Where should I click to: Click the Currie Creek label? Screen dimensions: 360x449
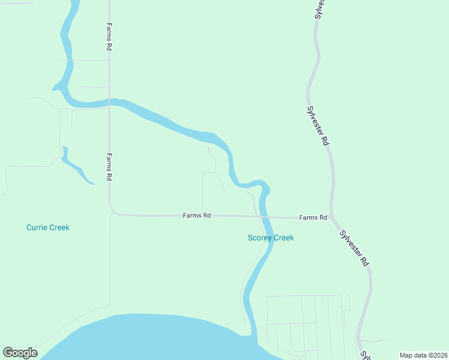48,227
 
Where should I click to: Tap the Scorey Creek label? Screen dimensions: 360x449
271,238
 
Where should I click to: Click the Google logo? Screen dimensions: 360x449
20,353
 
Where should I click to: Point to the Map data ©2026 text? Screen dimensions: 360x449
423,355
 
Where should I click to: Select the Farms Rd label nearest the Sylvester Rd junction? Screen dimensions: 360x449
313,217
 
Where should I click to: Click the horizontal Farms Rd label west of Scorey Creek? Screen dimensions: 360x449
197,215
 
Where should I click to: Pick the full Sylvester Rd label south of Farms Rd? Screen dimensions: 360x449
354,248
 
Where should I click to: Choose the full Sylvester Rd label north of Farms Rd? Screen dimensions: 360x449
318,125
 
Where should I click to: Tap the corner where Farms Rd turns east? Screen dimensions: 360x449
112,211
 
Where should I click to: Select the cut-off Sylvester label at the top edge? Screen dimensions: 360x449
320,9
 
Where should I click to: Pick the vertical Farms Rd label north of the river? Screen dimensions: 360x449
109,37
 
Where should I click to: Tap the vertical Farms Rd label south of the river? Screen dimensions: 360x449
109,167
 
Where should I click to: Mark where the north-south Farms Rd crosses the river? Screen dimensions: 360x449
109,101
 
